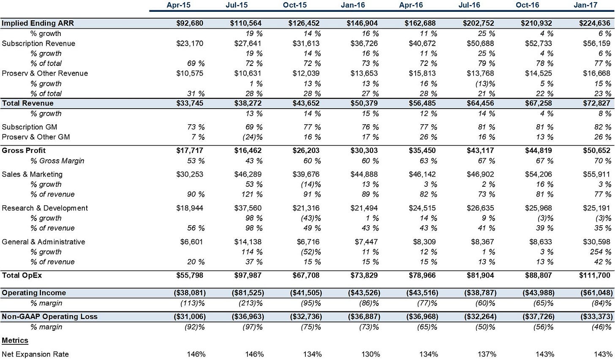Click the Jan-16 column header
353,5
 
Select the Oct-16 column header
528,5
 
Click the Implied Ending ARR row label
38,23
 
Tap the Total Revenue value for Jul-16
480,103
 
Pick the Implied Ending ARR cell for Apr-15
190,23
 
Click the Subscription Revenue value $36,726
364,44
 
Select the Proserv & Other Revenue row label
45,74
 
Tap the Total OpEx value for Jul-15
248,275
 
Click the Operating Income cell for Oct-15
306,293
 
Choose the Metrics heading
15,341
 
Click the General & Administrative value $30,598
596,242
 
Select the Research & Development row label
45,208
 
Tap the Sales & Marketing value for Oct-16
539,175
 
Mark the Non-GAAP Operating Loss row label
49,316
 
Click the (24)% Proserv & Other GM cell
253,137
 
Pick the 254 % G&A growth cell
601,252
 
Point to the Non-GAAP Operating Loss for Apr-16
422,316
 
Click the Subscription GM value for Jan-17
603,127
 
